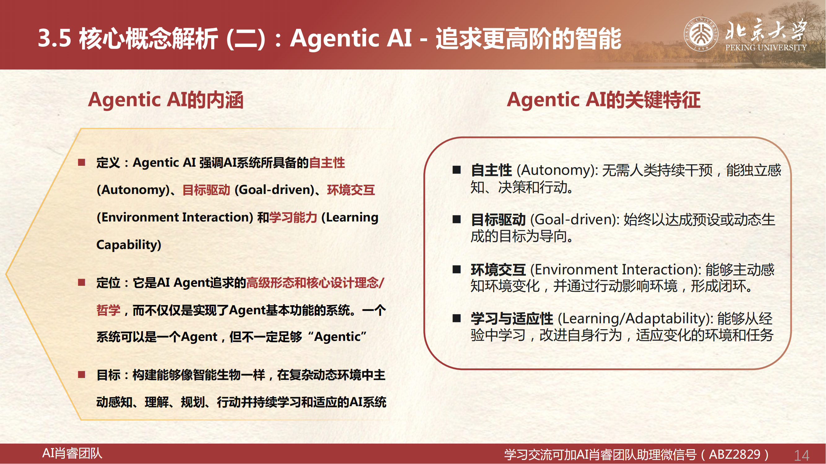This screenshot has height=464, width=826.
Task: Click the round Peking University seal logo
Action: click(x=701, y=34)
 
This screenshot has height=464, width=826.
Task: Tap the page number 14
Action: click(x=802, y=455)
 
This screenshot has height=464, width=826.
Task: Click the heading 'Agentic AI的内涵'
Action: click(x=166, y=100)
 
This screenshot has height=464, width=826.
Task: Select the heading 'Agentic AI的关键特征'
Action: click(x=603, y=100)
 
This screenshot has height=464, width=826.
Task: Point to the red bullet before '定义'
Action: click(x=82, y=162)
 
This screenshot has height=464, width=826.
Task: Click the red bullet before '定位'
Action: click(x=82, y=282)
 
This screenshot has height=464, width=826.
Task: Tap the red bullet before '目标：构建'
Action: click(x=82, y=374)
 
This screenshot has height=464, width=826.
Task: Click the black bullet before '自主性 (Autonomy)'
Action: click(x=457, y=170)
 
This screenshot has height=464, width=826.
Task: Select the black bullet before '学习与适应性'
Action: click(x=457, y=318)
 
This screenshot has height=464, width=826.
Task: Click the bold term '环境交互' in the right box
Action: click(x=498, y=270)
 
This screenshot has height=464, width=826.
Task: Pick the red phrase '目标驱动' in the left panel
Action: click(x=206, y=190)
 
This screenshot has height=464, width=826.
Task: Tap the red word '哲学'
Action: click(x=108, y=310)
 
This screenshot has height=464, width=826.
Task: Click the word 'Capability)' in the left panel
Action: click(x=129, y=245)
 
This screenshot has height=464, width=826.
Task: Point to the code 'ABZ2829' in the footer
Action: click(x=735, y=454)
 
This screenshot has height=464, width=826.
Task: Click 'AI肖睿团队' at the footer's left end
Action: click(x=72, y=453)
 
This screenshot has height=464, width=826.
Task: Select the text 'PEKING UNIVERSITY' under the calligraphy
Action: click(x=766, y=48)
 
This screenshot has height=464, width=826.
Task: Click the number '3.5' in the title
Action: click(x=55, y=38)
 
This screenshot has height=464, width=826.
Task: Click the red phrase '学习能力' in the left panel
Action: click(x=293, y=217)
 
